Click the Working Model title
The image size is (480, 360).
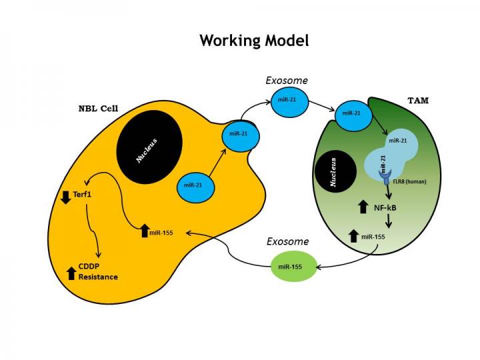tap(254, 40)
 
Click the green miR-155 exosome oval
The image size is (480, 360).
tap(291, 266)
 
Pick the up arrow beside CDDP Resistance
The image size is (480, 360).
tap(72, 272)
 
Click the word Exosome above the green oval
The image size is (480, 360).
tap(286, 241)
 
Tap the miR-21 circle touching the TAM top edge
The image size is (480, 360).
tap(352, 113)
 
